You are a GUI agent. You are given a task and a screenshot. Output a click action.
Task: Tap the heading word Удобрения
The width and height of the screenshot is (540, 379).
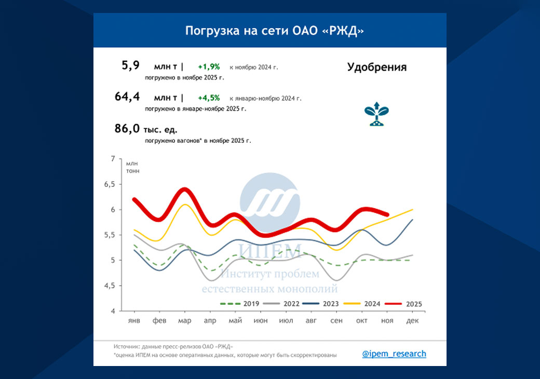click(x=376, y=67)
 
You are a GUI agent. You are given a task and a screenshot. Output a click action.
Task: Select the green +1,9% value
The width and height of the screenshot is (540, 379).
click(x=209, y=67)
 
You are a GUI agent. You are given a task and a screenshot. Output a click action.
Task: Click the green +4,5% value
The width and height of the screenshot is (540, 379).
click(x=209, y=98)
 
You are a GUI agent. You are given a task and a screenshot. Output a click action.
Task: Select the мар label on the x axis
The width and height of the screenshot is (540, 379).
click(x=185, y=321)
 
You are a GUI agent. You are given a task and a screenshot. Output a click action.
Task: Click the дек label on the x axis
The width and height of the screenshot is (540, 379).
click(x=412, y=321)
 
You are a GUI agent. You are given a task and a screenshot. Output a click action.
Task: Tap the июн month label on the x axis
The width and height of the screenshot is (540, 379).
click(x=261, y=321)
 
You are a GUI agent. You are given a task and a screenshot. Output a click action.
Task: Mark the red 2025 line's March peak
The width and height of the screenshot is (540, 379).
click(x=184, y=189)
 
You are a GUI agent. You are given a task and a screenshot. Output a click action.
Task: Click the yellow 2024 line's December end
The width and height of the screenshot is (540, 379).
click(x=412, y=210)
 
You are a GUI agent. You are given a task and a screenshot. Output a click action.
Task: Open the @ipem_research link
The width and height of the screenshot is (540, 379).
click(x=394, y=354)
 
